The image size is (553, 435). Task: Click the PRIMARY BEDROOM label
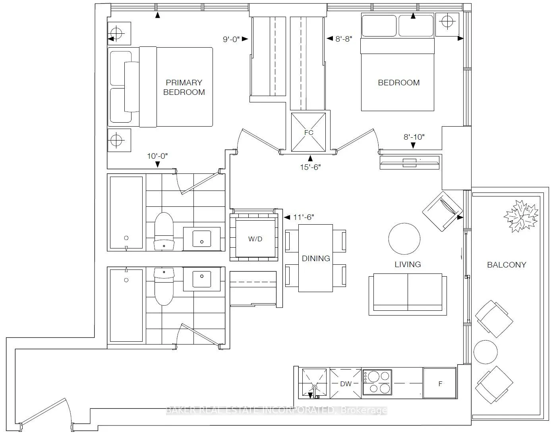coord(184,87)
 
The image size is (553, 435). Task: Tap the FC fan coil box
coord(308,132)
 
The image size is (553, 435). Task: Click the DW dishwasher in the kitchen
coord(346,384)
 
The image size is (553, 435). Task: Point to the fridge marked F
coord(440,383)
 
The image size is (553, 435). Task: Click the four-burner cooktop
coord(377,382)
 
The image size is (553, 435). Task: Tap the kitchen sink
coord(314,383)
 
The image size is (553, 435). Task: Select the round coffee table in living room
coord(404,239)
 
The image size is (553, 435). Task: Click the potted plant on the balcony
coord(521,216)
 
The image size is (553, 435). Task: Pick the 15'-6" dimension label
coord(310,167)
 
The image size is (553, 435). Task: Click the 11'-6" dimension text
coord(304,217)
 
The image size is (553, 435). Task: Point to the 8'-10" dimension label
coord(414,137)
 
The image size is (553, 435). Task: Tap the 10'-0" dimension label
coord(157,156)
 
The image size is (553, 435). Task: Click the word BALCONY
coord(507,265)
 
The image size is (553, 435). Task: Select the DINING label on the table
coord(316,258)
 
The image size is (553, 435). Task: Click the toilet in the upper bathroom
coord(164,231)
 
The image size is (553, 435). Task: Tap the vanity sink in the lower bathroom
coord(202,279)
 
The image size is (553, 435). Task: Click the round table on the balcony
coord(485,352)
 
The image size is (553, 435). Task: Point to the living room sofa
coord(408,294)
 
